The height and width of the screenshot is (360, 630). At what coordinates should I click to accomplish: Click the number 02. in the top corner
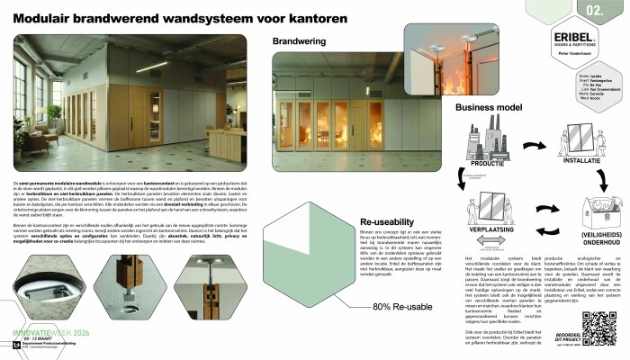click(x=595, y=11)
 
